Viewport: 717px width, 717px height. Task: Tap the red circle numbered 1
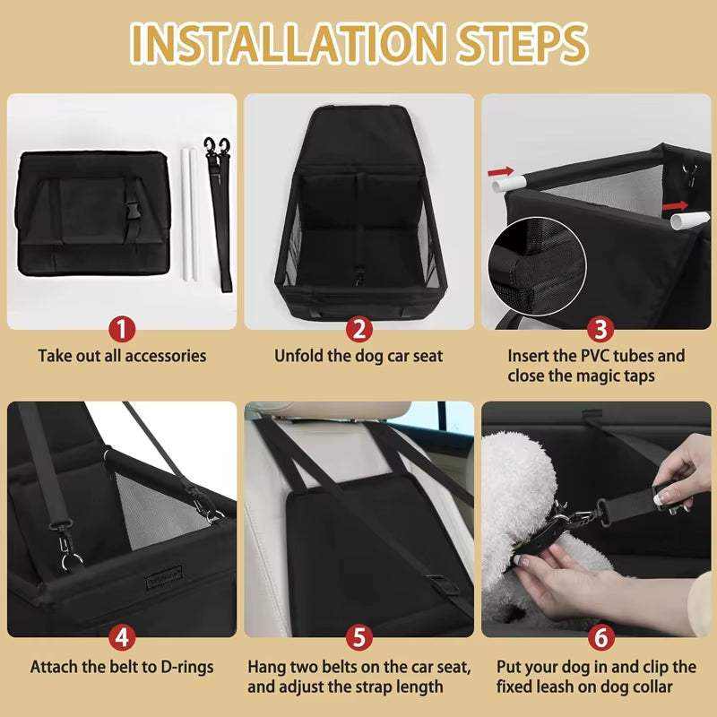[x=122, y=328]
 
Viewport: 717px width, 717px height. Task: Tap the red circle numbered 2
[x=358, y=328]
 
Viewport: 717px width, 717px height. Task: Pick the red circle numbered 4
[x=122, y=638]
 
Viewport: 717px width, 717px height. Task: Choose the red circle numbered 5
[x=358, y=638]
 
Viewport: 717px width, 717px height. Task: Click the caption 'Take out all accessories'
[x=122, y=356]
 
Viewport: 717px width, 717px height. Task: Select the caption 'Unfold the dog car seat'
[x=358, y=356]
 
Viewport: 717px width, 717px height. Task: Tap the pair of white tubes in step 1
[x=188, y=215]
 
